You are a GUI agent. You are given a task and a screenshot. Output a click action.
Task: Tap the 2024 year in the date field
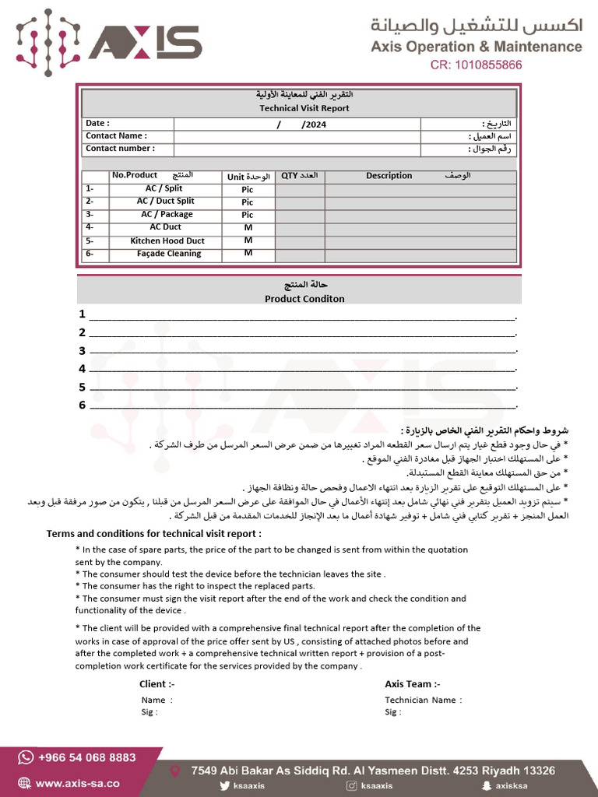[x=315, y=125]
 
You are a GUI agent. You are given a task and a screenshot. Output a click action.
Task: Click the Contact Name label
[x=116, y=136]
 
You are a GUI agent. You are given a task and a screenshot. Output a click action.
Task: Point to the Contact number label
[x=120, y=149]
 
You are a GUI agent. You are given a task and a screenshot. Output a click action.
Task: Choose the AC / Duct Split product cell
[x=165, y=202]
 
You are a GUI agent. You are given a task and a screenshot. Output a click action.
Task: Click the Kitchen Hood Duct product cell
[x=167, y=241]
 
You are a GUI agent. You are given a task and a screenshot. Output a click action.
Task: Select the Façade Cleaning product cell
[x=168, y=254]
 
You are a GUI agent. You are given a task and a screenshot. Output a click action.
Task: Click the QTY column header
[x=290, y=176]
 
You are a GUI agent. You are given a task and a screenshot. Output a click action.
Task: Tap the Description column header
[x=389, y=176]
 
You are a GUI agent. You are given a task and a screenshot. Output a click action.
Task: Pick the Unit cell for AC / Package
[x=248, y=215]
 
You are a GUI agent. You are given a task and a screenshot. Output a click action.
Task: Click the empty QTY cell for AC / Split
[x=300, y=189]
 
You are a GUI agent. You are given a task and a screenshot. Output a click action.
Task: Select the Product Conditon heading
[x=304, y=299]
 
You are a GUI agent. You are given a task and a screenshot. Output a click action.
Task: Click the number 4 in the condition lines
[x=82, y=369]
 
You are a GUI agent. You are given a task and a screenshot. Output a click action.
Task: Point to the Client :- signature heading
[x=157, y=684]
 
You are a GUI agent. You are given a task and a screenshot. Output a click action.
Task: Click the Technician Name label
[x=423, y=700]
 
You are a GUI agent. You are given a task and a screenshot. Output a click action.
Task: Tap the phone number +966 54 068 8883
[x=86, y=757]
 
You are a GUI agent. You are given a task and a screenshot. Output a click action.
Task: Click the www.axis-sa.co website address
[x=77, y=784]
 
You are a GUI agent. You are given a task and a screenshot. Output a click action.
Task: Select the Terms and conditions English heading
[x=154, y=534]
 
